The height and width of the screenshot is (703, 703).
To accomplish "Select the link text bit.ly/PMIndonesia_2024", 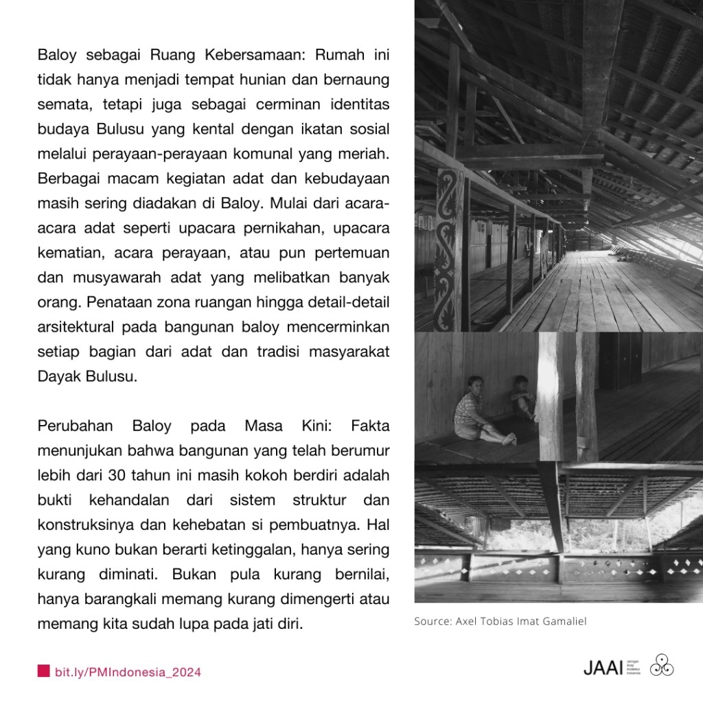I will point(128,671).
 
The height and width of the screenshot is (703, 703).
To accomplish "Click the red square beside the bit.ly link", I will point(43,671).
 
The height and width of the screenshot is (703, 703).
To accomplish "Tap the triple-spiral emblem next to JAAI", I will point(661,665).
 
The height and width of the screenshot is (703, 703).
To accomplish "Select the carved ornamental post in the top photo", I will point(447,247).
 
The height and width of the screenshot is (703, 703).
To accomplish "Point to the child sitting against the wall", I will point(524,398).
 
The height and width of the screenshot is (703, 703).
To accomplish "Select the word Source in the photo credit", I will point(429,621).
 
